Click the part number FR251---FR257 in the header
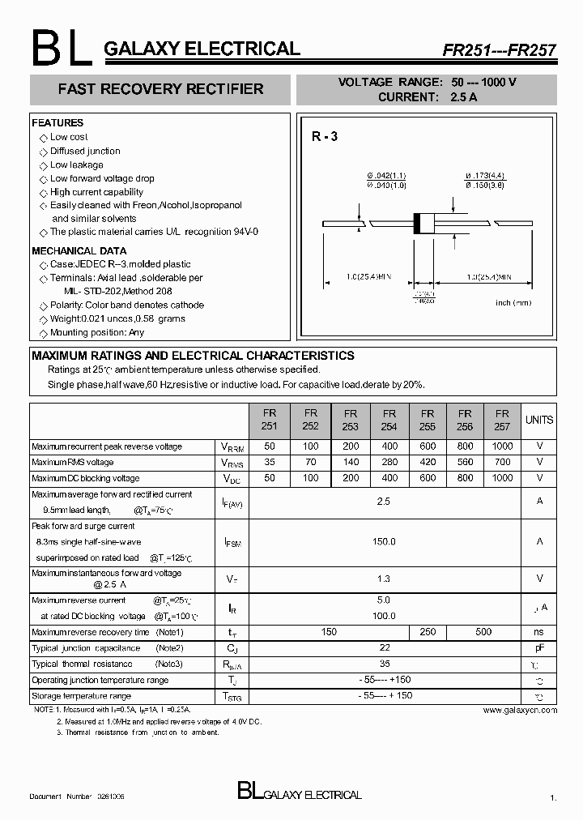click(x=499, y=49)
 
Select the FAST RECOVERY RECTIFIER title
click(x=160, y=89)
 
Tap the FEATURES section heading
click(x=57, y=123)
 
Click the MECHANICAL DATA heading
click(x=79, y=251)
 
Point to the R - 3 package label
click(x=325, y=137)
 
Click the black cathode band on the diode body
click(x=418, y=224)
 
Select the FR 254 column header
click(x=389, y=419)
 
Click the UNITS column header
click(x=539, y=420)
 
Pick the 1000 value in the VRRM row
click(x=502, y=446)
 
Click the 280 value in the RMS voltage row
click(x=389, y=462)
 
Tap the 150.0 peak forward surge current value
click(x=384, y=541)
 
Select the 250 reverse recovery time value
click(x=428, y=632)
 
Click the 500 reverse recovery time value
click(x=483, y=632)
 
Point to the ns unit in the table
click(x=539, y=632)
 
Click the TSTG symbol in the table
click(x=232, y=697)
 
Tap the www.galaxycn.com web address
click(x=520, y=710)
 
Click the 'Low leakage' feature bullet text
click(x=77, y=165)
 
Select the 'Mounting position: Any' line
click(x=97, y=333)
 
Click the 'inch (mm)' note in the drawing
click(x=513, y=302)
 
